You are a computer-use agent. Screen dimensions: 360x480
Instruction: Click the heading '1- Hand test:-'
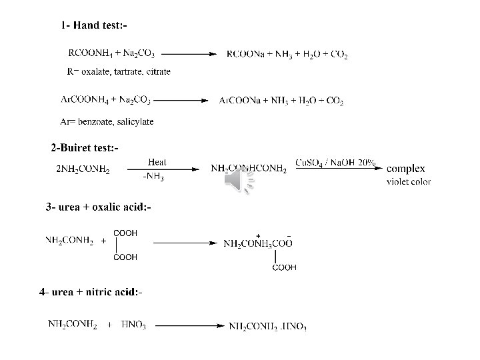94,26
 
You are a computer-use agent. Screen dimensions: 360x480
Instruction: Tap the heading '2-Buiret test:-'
85,147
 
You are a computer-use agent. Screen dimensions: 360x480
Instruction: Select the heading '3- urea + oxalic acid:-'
99,207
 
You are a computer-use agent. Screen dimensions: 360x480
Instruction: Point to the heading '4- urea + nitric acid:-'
91,292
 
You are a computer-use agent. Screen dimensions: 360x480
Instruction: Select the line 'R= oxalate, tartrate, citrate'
119,71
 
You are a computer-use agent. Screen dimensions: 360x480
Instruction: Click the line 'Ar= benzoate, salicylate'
107,121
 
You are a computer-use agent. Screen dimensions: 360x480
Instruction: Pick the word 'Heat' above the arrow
157,162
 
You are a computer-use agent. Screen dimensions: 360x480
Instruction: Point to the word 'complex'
405,169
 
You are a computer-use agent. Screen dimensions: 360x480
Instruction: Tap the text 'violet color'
409,181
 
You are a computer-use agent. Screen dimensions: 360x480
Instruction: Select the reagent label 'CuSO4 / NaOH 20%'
335,162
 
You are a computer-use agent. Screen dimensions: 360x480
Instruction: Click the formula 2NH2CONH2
83,169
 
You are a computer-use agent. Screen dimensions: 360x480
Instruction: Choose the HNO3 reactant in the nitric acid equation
134,325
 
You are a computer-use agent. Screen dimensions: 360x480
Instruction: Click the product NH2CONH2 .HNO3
267,326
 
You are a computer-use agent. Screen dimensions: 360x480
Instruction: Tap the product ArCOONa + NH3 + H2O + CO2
281,101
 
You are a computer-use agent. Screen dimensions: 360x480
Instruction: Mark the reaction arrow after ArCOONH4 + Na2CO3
179,100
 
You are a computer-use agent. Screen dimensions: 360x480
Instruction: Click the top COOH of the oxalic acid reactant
125,233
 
